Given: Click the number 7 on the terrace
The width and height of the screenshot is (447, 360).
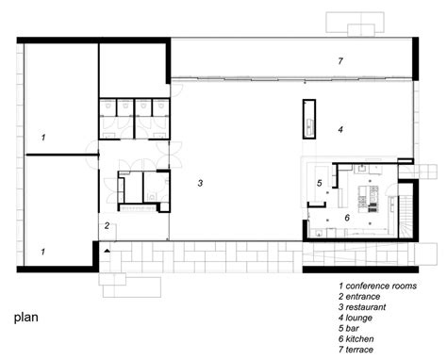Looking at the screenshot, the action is [x=340, y=61].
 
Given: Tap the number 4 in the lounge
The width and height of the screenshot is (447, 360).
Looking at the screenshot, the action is [x=340, y=129].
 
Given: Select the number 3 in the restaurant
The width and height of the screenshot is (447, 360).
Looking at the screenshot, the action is [x=200, y=183].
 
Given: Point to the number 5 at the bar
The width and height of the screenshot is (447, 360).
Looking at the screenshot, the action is [x=320, y=183].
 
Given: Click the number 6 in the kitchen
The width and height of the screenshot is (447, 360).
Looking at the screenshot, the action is [x=347, y=218].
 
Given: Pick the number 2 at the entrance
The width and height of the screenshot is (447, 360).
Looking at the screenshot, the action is [x=107, y=225].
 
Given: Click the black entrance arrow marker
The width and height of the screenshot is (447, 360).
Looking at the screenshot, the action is [x=108, y=251].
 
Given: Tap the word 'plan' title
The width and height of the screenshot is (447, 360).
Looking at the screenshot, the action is [x=26, y=318].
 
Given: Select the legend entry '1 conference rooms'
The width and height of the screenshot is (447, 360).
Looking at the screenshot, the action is [x=377, y=286].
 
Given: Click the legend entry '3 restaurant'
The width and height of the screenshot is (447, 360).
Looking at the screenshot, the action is [x=362, y=307].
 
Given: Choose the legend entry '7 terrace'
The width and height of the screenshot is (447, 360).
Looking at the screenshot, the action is [x=356, y=350].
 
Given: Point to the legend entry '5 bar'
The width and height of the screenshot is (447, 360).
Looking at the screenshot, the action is [x=349, y=328].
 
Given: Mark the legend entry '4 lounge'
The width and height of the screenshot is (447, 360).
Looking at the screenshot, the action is [x=356, y=318].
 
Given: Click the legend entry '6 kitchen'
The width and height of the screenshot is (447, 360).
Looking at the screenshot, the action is [x=356, y=339].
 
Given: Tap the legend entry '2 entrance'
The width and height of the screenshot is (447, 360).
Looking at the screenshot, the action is [x=359, y=297].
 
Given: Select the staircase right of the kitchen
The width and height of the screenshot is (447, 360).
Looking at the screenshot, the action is [x=406, y=217].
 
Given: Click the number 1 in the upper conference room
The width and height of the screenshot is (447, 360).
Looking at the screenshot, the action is [x=43, y=138].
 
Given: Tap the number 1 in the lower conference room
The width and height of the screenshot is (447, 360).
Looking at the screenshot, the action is [x=42, y=252].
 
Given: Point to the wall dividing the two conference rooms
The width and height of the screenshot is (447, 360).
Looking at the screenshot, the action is [x=62, y=155].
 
